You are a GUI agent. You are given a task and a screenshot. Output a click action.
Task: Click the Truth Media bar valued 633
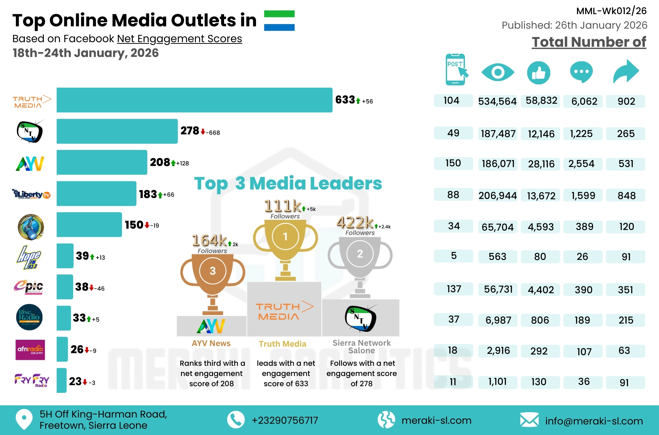point(194,100)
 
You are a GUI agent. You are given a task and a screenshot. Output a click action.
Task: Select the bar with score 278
point(117,131)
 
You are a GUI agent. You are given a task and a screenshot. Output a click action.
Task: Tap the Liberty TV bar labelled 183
point(96,193)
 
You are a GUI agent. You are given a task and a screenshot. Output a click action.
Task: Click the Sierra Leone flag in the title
point(279,20)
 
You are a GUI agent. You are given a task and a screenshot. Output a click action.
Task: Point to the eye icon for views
point(498,72)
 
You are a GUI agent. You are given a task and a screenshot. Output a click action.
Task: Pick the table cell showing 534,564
point(497,101)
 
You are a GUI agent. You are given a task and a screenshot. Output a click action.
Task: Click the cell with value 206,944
point(498,195)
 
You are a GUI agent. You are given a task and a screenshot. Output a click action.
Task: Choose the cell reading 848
point(626,195)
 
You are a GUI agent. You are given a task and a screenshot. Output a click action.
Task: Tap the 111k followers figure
point(283,206)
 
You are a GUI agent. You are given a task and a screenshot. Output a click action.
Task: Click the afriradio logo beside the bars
point(30,350)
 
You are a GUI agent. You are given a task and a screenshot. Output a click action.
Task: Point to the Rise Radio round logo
point(29,317)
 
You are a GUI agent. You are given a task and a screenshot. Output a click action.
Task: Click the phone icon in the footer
point(236,420)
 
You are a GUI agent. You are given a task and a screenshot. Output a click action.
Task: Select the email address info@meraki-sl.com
point(594,421)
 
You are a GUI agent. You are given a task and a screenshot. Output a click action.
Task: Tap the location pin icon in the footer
point(24,419)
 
